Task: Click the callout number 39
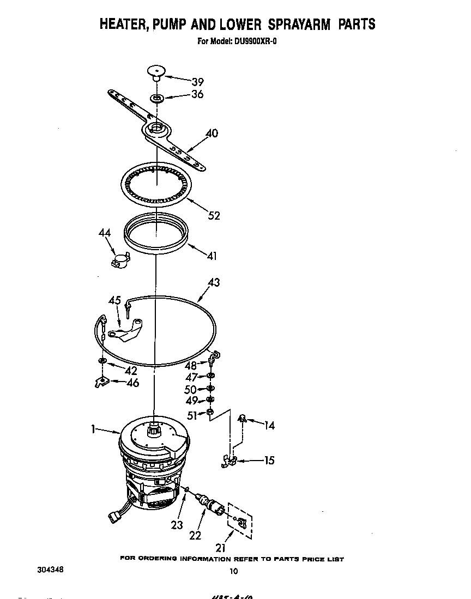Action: pyautogui.click(x=197, y=82)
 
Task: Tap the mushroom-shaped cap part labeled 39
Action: pyautogui.click(x=155, y=72)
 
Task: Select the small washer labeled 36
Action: pyautogui.click(x=157, y=99)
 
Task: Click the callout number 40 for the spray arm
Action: pyautogui.click(x=212, y=133)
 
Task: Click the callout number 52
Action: pyautogui.click(x=214, y=215)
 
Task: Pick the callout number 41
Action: pyautogui.click(x=211, y=256)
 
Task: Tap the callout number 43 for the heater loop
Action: pyautogui.click(x=214, y=282)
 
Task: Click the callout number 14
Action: pyautogui.click(x=269, y=425)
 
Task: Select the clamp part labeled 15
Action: pyautogui.click(x=230, y=461)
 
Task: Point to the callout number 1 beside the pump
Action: pyautogui.click(x=94, y=429)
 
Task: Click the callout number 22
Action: pyautogui.click(x=195, y=535)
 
